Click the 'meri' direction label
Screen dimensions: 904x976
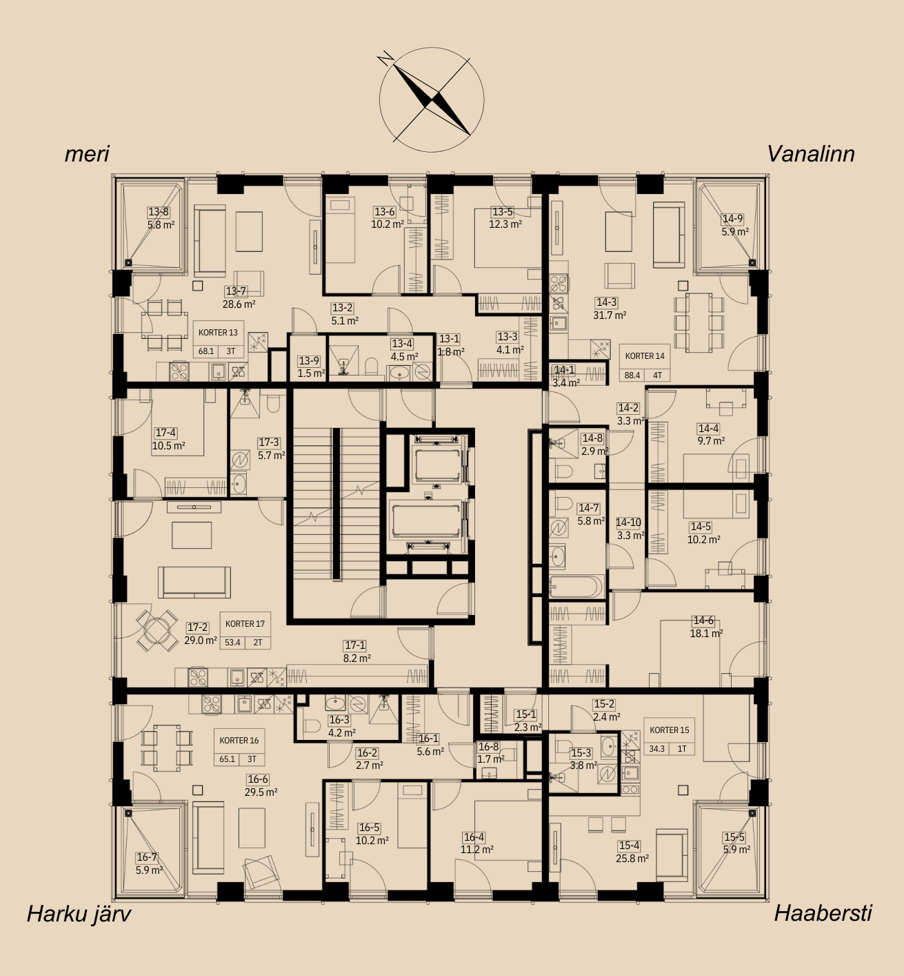[x=87, y=155]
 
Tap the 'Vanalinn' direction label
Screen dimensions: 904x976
[x=811, y=155]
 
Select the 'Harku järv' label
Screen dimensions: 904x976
[x=79, y=914]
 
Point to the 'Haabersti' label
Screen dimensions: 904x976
[x=823, y=914]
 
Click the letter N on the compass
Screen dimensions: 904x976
[x=385, y=58]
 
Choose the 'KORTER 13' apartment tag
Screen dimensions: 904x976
[x=218, y=333]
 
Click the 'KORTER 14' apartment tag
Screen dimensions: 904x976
[x=645, y=355]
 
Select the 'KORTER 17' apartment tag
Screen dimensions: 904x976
[x=245, y=624]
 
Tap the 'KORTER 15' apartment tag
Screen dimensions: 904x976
[x=670, y=730]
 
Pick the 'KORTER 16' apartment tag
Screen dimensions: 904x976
[x=239, y=740]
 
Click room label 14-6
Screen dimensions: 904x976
[x=703, y=621]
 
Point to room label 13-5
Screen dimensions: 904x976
[x=502, y=212]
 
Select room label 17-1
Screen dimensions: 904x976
[x=354, y=645]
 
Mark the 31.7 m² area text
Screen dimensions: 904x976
[x=610, y=315]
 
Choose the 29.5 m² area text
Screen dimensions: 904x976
[x=261, y=792]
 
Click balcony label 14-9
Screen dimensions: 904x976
[x=732, y=219]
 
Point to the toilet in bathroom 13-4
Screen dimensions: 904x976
[x=371, y=365]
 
